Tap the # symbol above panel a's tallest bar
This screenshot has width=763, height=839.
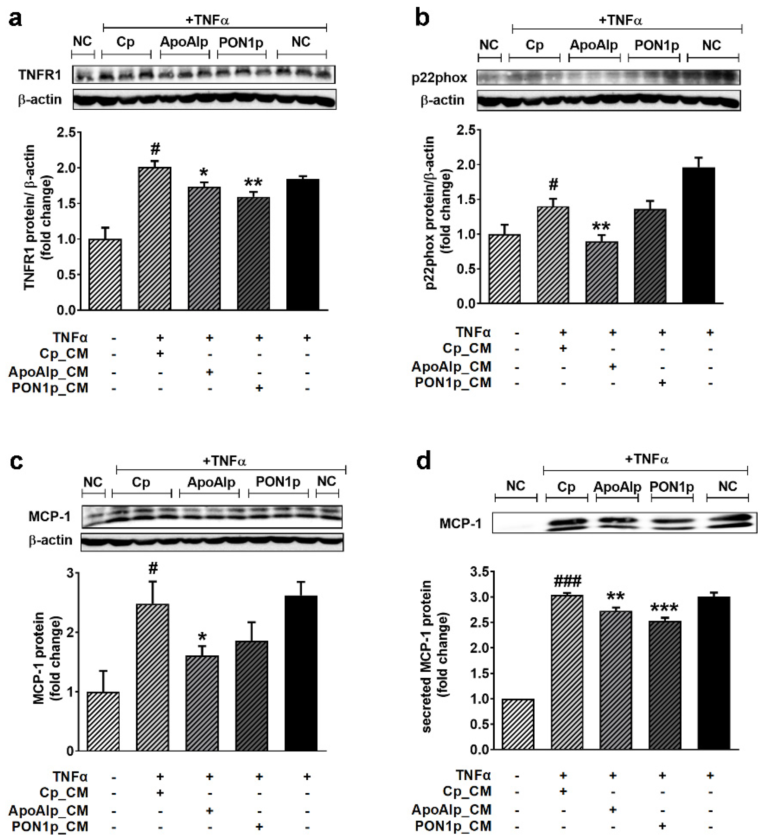pos(155,149)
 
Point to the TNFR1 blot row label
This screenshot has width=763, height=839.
pos(40,75)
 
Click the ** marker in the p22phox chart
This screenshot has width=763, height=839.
pos(601,227)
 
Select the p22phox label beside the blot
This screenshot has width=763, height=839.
pos(439,78)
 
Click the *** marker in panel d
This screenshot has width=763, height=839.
pos(664,607)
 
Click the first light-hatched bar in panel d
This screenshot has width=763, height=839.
pos(518,724)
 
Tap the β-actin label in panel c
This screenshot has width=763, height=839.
pos(50,541)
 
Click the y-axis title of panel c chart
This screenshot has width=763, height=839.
pos(47,658)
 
